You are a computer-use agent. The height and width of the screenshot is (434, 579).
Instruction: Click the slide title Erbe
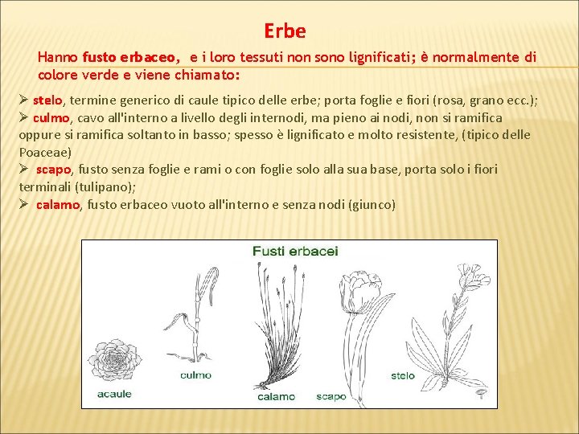click(285, 31)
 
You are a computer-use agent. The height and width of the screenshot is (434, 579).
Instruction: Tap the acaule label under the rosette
click(114, 394)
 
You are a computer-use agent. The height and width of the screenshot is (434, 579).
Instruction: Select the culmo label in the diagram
click(195, 375)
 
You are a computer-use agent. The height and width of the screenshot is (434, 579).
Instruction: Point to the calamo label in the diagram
click(276, 396)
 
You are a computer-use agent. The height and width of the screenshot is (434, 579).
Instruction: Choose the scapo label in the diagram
click(331, 396)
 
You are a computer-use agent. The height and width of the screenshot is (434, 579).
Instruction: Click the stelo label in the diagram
click(402, 375)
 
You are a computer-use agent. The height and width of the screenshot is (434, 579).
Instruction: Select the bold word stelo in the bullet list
click(47, 100)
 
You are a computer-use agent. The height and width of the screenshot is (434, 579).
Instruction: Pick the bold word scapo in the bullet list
click(54, 169)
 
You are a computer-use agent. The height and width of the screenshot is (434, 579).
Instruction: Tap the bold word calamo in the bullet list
click(58, 204)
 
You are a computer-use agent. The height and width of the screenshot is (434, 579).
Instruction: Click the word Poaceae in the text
click(45, 151)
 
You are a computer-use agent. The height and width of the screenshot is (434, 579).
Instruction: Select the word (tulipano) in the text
click(108, 186)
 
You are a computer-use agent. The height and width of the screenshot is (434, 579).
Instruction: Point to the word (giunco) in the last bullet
click(372, 204)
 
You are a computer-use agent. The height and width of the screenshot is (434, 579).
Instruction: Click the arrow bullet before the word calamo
click(24, 204)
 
